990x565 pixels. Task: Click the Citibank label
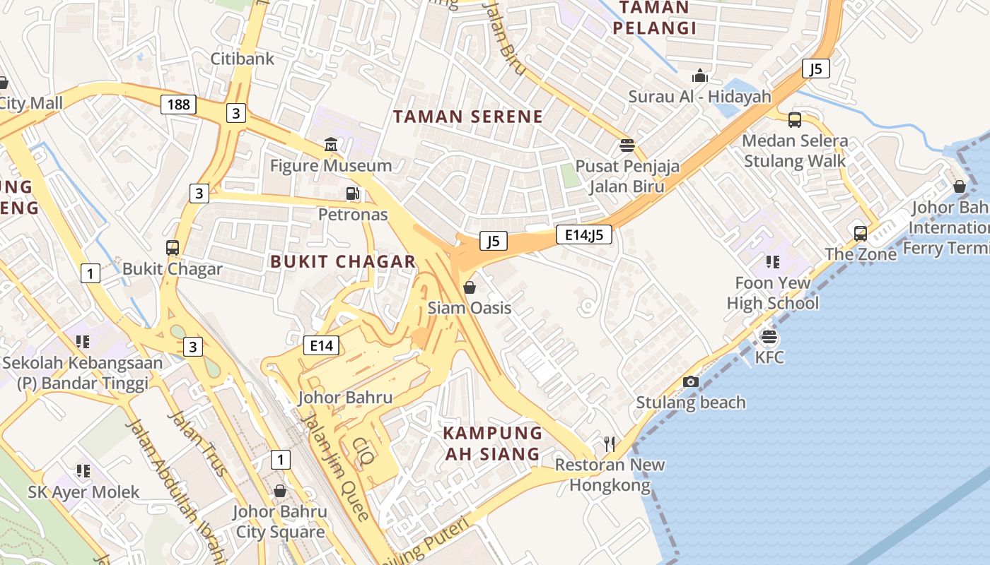[x=242, y=59]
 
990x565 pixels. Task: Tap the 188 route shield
[x=178, y=105]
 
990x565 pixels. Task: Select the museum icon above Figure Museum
[x=330, y=145]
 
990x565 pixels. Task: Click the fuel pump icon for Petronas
[x=352, y=194]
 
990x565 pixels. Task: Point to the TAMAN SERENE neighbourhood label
[x=468, y=117]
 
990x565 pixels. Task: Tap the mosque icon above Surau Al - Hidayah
[x=700, y=76]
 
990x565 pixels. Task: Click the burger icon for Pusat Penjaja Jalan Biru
[x=627, y=146]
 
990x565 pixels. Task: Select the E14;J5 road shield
[x=583, y=234]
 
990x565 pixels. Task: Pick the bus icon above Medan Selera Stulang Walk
[x=794, y=120]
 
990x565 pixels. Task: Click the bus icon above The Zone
[x=860, y=234]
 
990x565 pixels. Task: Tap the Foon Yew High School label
[x=772, y=293]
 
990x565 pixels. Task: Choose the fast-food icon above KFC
[x=769, y=337]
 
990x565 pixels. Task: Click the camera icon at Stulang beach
[x=691, y=381]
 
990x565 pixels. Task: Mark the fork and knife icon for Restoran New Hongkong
[x=610, y=444]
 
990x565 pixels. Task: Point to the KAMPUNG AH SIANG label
[x=492, y=443]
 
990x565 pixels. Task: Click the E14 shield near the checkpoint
[x=321, y=345]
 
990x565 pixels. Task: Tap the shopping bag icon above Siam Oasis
[x=469, y=287]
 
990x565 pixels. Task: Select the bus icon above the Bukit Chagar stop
[x=172, y=248]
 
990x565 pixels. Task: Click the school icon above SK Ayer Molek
[x=83, y=471]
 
